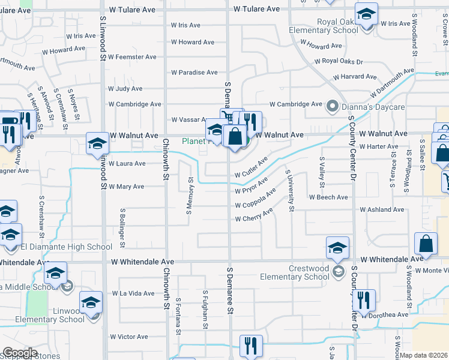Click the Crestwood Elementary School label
click(295, 273)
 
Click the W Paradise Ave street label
click(194, 73)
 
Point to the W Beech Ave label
click(328, 197)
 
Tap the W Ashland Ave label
click(382, 210)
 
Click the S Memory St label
click(190, 196)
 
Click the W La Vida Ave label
click(133, 293)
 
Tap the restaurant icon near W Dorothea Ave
click(364, 299)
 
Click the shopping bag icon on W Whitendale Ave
click(426, 244)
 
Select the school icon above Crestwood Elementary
click(337, 247)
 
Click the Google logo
click(20, 353)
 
